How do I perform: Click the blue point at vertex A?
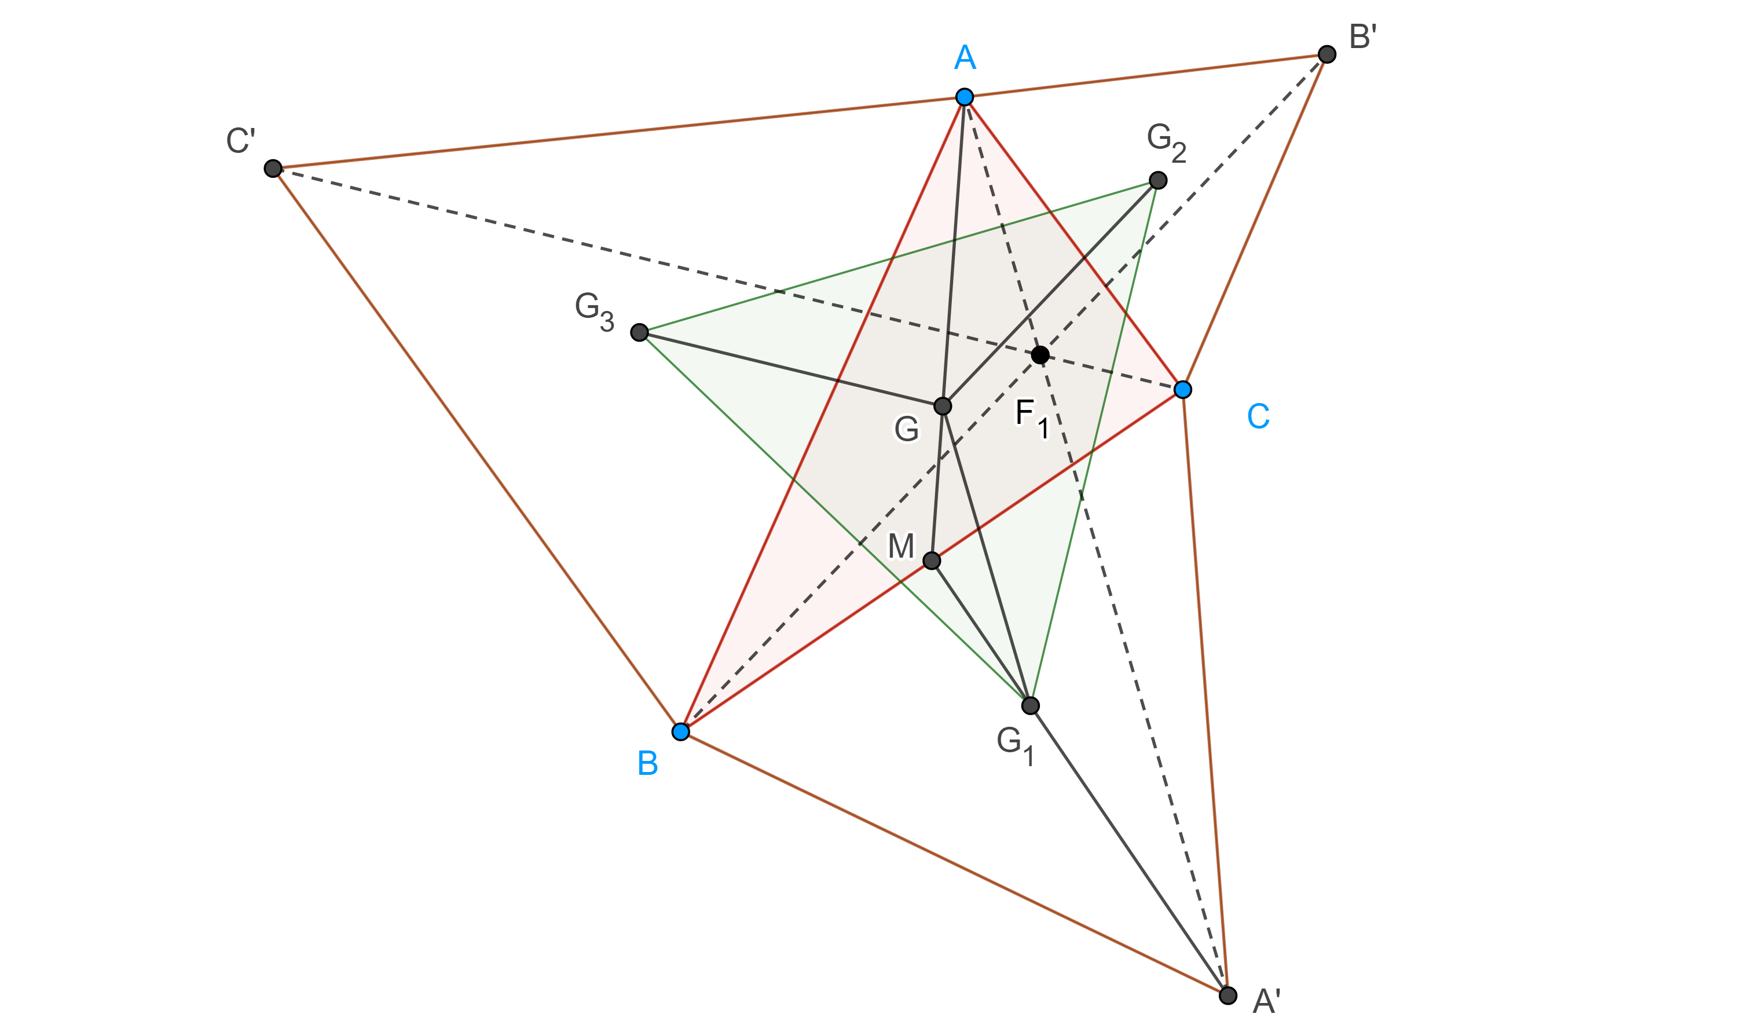click(965, 97)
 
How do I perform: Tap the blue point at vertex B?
click(681, 731)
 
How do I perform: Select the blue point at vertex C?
click(1183, 390)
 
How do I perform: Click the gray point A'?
click(1227, 995)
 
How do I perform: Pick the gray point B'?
click(1327, 54)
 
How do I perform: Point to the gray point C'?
click(273, 169)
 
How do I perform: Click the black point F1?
click(1040, 355)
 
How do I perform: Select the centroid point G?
click(943, 406)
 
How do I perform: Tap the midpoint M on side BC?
click(932, 560)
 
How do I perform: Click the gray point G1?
click(1030, 705)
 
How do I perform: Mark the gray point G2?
click(1158, 180)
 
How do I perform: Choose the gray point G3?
click(639, 333)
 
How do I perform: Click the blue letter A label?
click(965, 57)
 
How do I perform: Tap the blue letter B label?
click(647, 764)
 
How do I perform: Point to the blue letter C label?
click(1258, 416)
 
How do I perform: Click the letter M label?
click(901, 546)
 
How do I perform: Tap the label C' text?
click(241, 141)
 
